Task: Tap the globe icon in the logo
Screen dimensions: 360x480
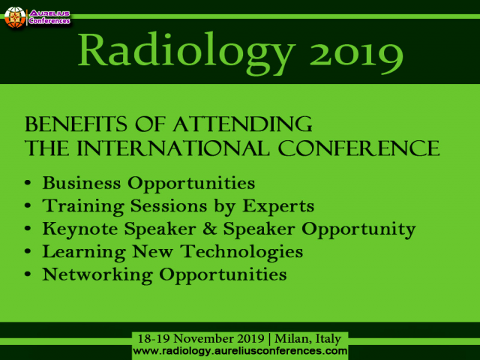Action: [13, 17]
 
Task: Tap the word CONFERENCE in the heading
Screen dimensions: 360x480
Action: [359, 148]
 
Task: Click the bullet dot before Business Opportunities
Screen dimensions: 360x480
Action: [28, 184]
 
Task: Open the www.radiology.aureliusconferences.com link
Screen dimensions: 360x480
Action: [240, 350]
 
